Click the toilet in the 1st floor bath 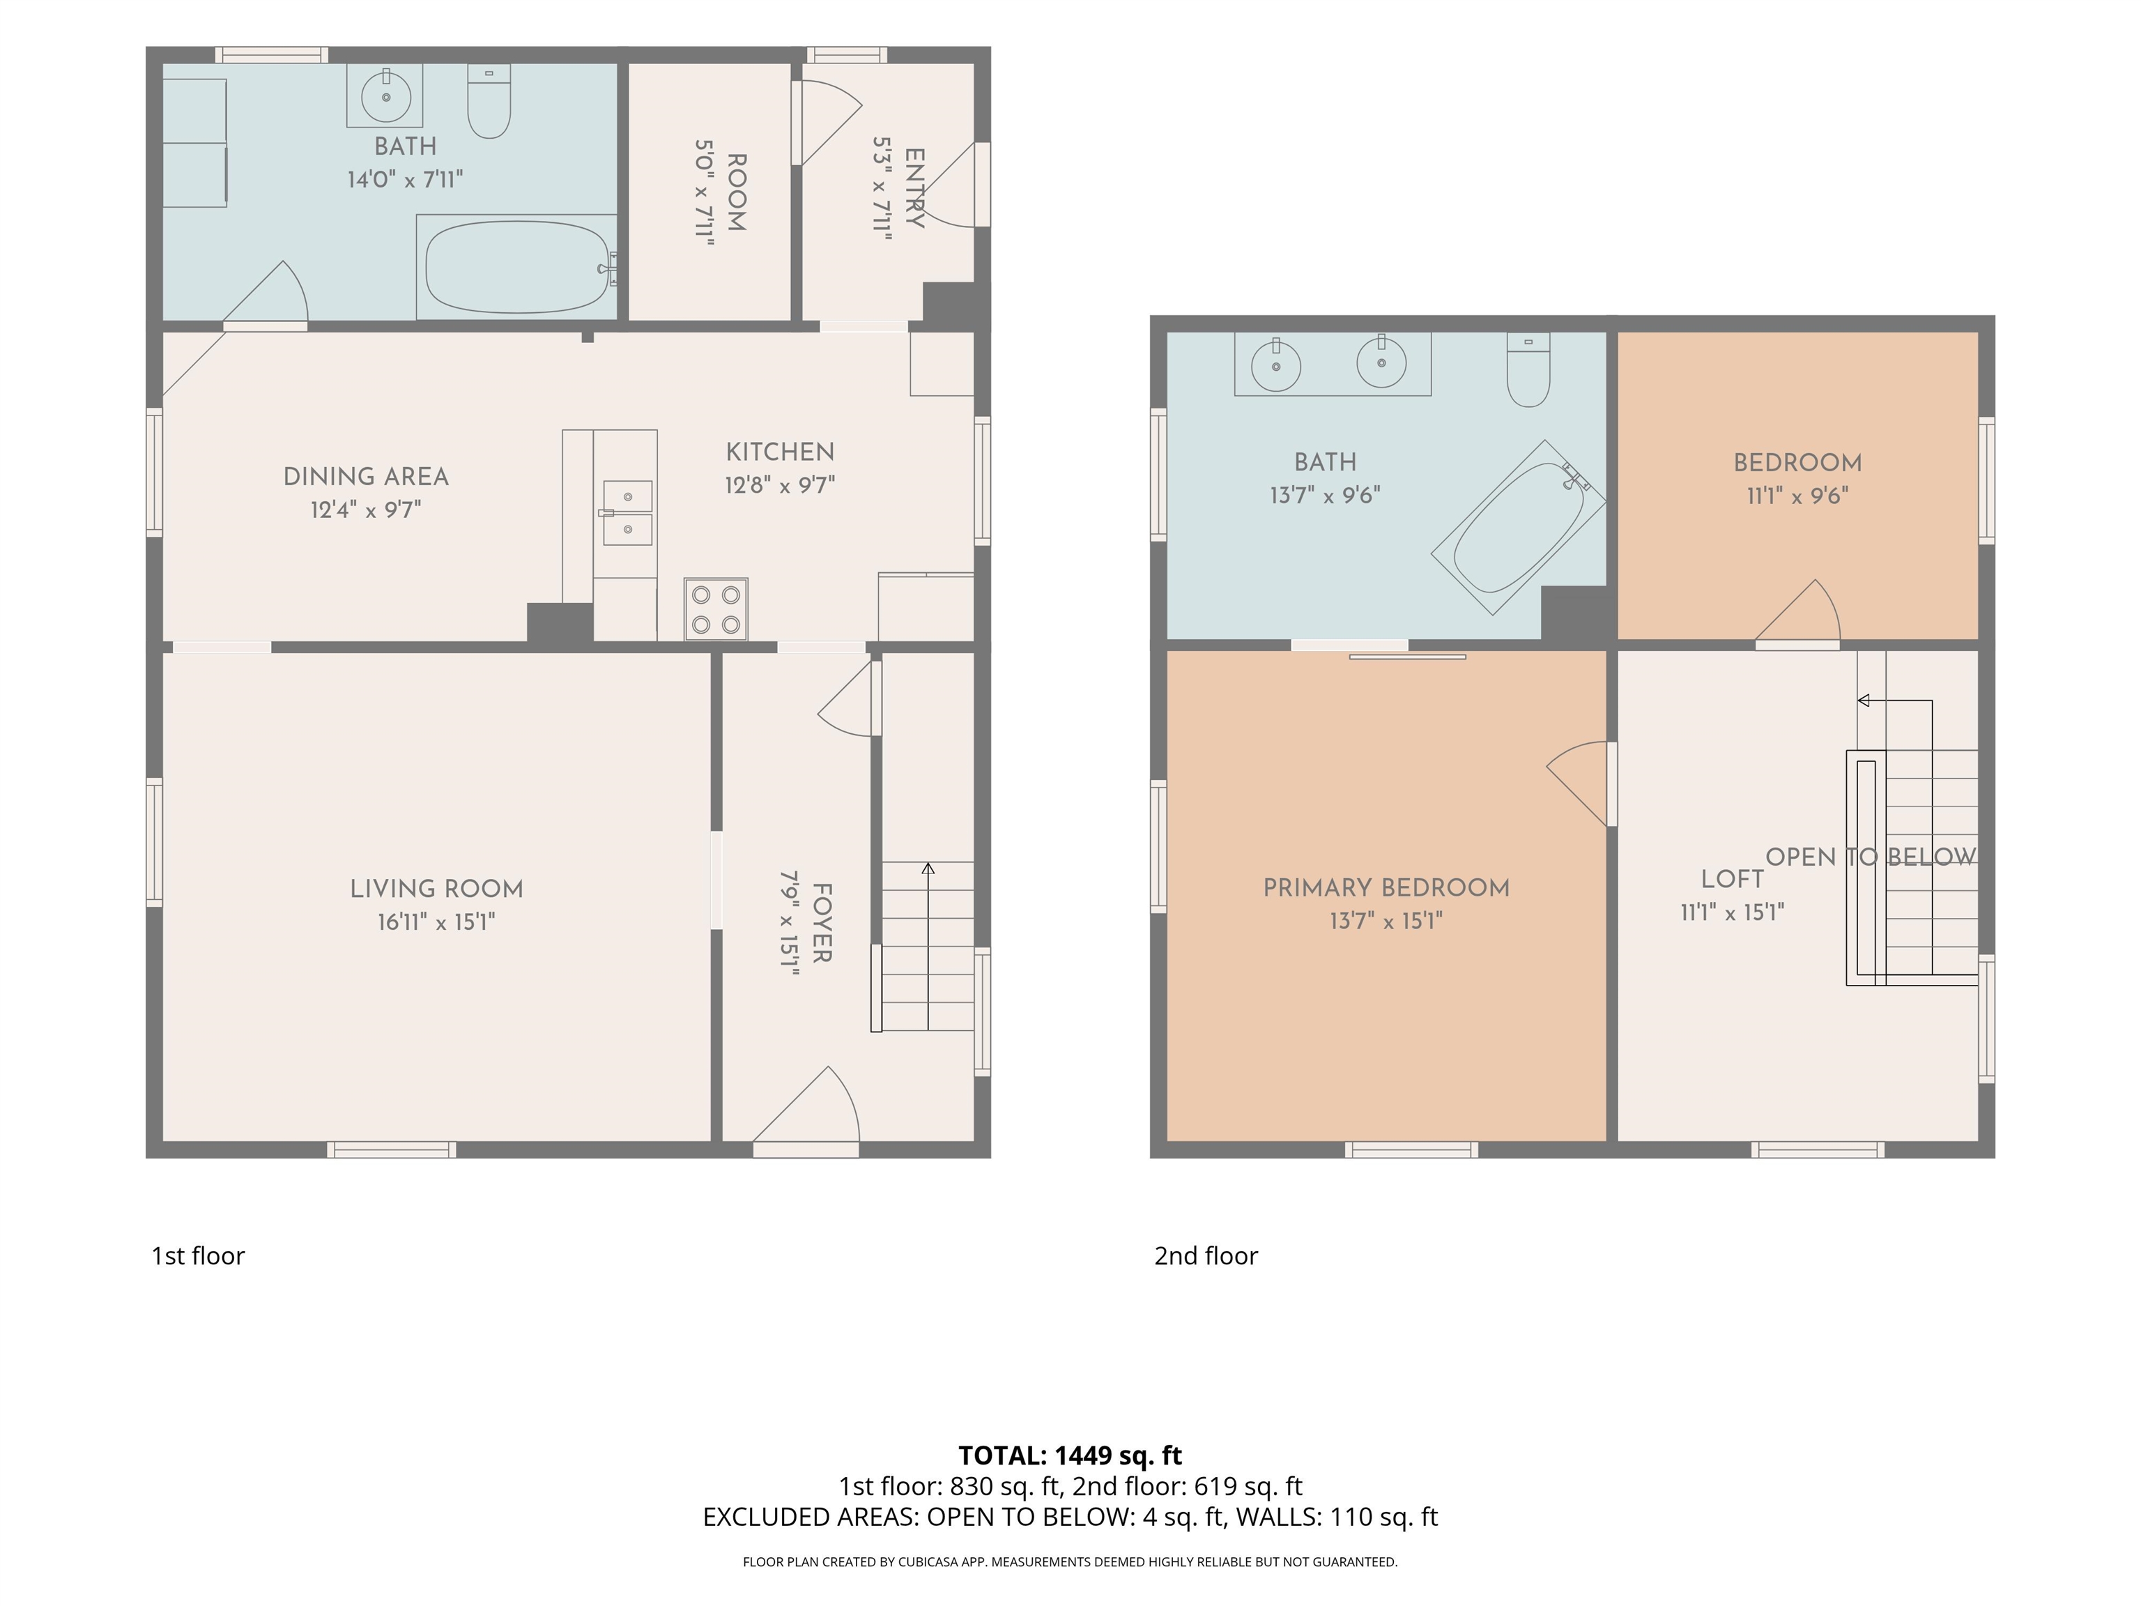point(489,100)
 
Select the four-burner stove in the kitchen point(716,609)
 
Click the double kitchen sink point(627,513)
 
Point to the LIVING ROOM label point(436,889)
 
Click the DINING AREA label point(366,476)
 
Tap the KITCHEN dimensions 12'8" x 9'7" point(780,484)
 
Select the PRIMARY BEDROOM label point(1386,888)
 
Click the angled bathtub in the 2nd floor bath point(1519,527)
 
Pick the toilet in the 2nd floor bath point(1528,370)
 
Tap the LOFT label point(1733,879)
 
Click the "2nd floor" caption point(1206,1255)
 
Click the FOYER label point(821,923)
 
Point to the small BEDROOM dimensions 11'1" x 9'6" point(1797,496)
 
